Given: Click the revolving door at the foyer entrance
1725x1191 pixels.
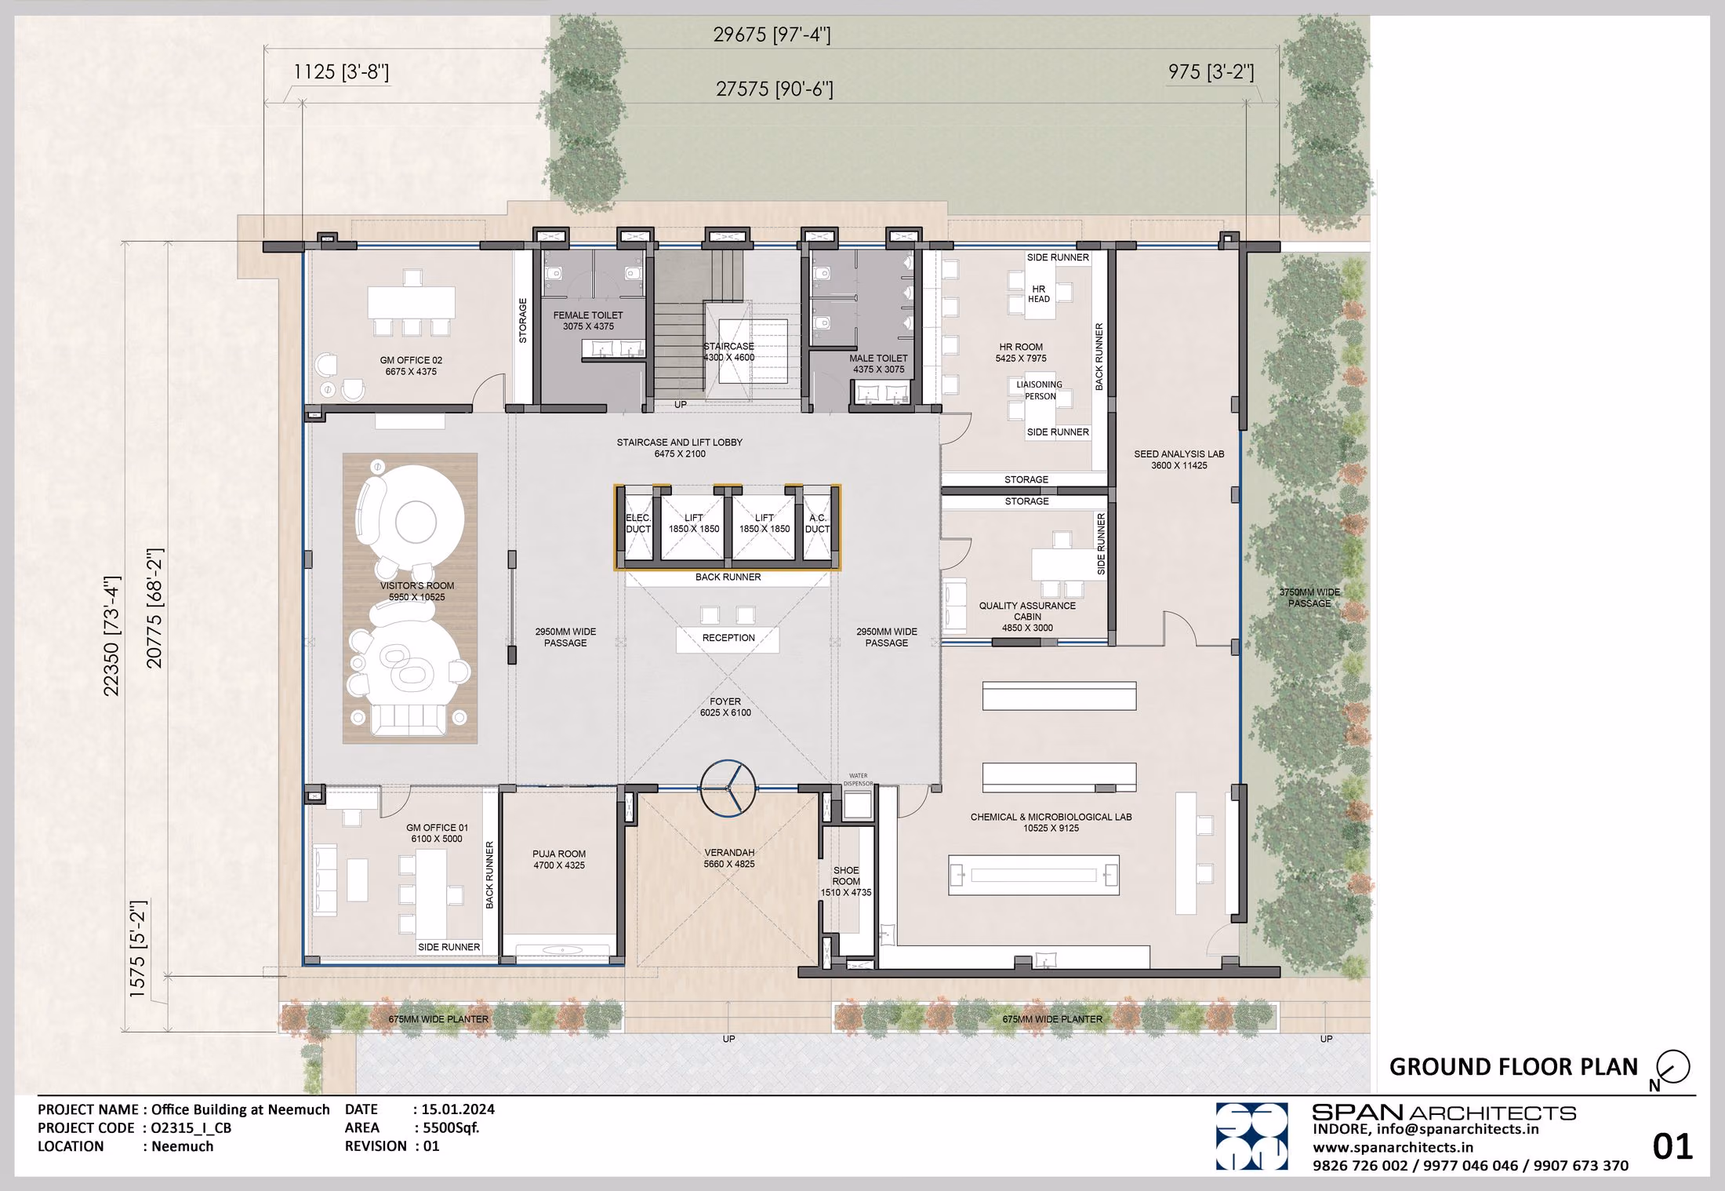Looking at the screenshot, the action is pos(728,789).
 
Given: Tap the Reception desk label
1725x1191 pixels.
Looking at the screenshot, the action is pos(728,638).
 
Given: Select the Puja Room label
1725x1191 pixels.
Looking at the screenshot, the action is pos(559,859).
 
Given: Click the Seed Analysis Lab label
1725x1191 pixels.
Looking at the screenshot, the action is pos(1178,460).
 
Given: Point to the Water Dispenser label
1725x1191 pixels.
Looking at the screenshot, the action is pos(858,779).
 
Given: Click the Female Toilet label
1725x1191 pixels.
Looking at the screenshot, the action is pos(588,321).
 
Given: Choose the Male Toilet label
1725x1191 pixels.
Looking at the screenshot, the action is pos(878,364).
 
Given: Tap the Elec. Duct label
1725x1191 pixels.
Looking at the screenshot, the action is pos(638,523).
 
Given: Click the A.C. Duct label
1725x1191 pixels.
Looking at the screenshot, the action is pos(817,523).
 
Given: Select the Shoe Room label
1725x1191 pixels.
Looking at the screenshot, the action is pos(846,881).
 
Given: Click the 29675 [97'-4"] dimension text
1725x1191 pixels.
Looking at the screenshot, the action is pos(772,35).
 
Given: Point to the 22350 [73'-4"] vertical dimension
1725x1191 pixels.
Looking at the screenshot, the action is pos(111,636).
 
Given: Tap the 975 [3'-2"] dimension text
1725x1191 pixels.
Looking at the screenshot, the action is pos(1211,72).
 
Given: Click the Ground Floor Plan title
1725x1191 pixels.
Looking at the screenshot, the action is pos(1513,1067).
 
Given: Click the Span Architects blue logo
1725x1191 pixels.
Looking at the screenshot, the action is pos(1251,1136).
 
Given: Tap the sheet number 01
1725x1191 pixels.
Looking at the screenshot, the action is pos(1672,1147).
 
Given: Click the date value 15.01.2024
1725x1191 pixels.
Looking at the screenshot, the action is pos(458,1109).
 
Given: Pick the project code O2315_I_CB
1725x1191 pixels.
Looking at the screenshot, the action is pos(191,1128).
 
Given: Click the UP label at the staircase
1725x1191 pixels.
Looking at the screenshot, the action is pos(680,405).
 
